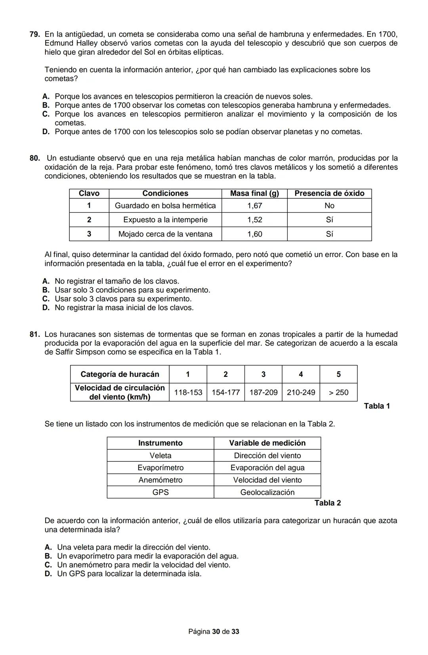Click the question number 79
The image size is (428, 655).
click(x=34, y=35)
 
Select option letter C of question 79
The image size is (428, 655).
click(x=46, y=114)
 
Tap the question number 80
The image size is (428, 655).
click(x=34, y=158)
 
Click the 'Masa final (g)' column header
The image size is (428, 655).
click(x=254, y=194)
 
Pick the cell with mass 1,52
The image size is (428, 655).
click(x=254, y=220)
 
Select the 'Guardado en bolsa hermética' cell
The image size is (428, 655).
click(x=165, y=206)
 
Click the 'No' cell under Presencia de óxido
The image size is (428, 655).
click(x=329, y=206)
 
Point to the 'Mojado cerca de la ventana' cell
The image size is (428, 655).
click(x=165, y=234)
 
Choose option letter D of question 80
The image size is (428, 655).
click(x=46, y=308)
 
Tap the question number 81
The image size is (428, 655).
click(x=34, y=334)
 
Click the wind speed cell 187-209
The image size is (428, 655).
click(x=263, y=392)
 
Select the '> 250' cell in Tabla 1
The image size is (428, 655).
click(x=338, y=392)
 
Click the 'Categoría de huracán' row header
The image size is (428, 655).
click(x=120, y=374)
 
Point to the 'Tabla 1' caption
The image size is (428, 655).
click(x=377, y=406)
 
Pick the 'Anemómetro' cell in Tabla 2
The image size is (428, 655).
click(x=160, y=480)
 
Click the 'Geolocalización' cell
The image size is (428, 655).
click(x=267, y=492)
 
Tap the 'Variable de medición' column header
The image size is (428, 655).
click(x=267, y=443)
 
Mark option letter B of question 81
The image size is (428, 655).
click(x=48, y=556)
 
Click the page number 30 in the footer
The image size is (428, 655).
click(x=216, y=632)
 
